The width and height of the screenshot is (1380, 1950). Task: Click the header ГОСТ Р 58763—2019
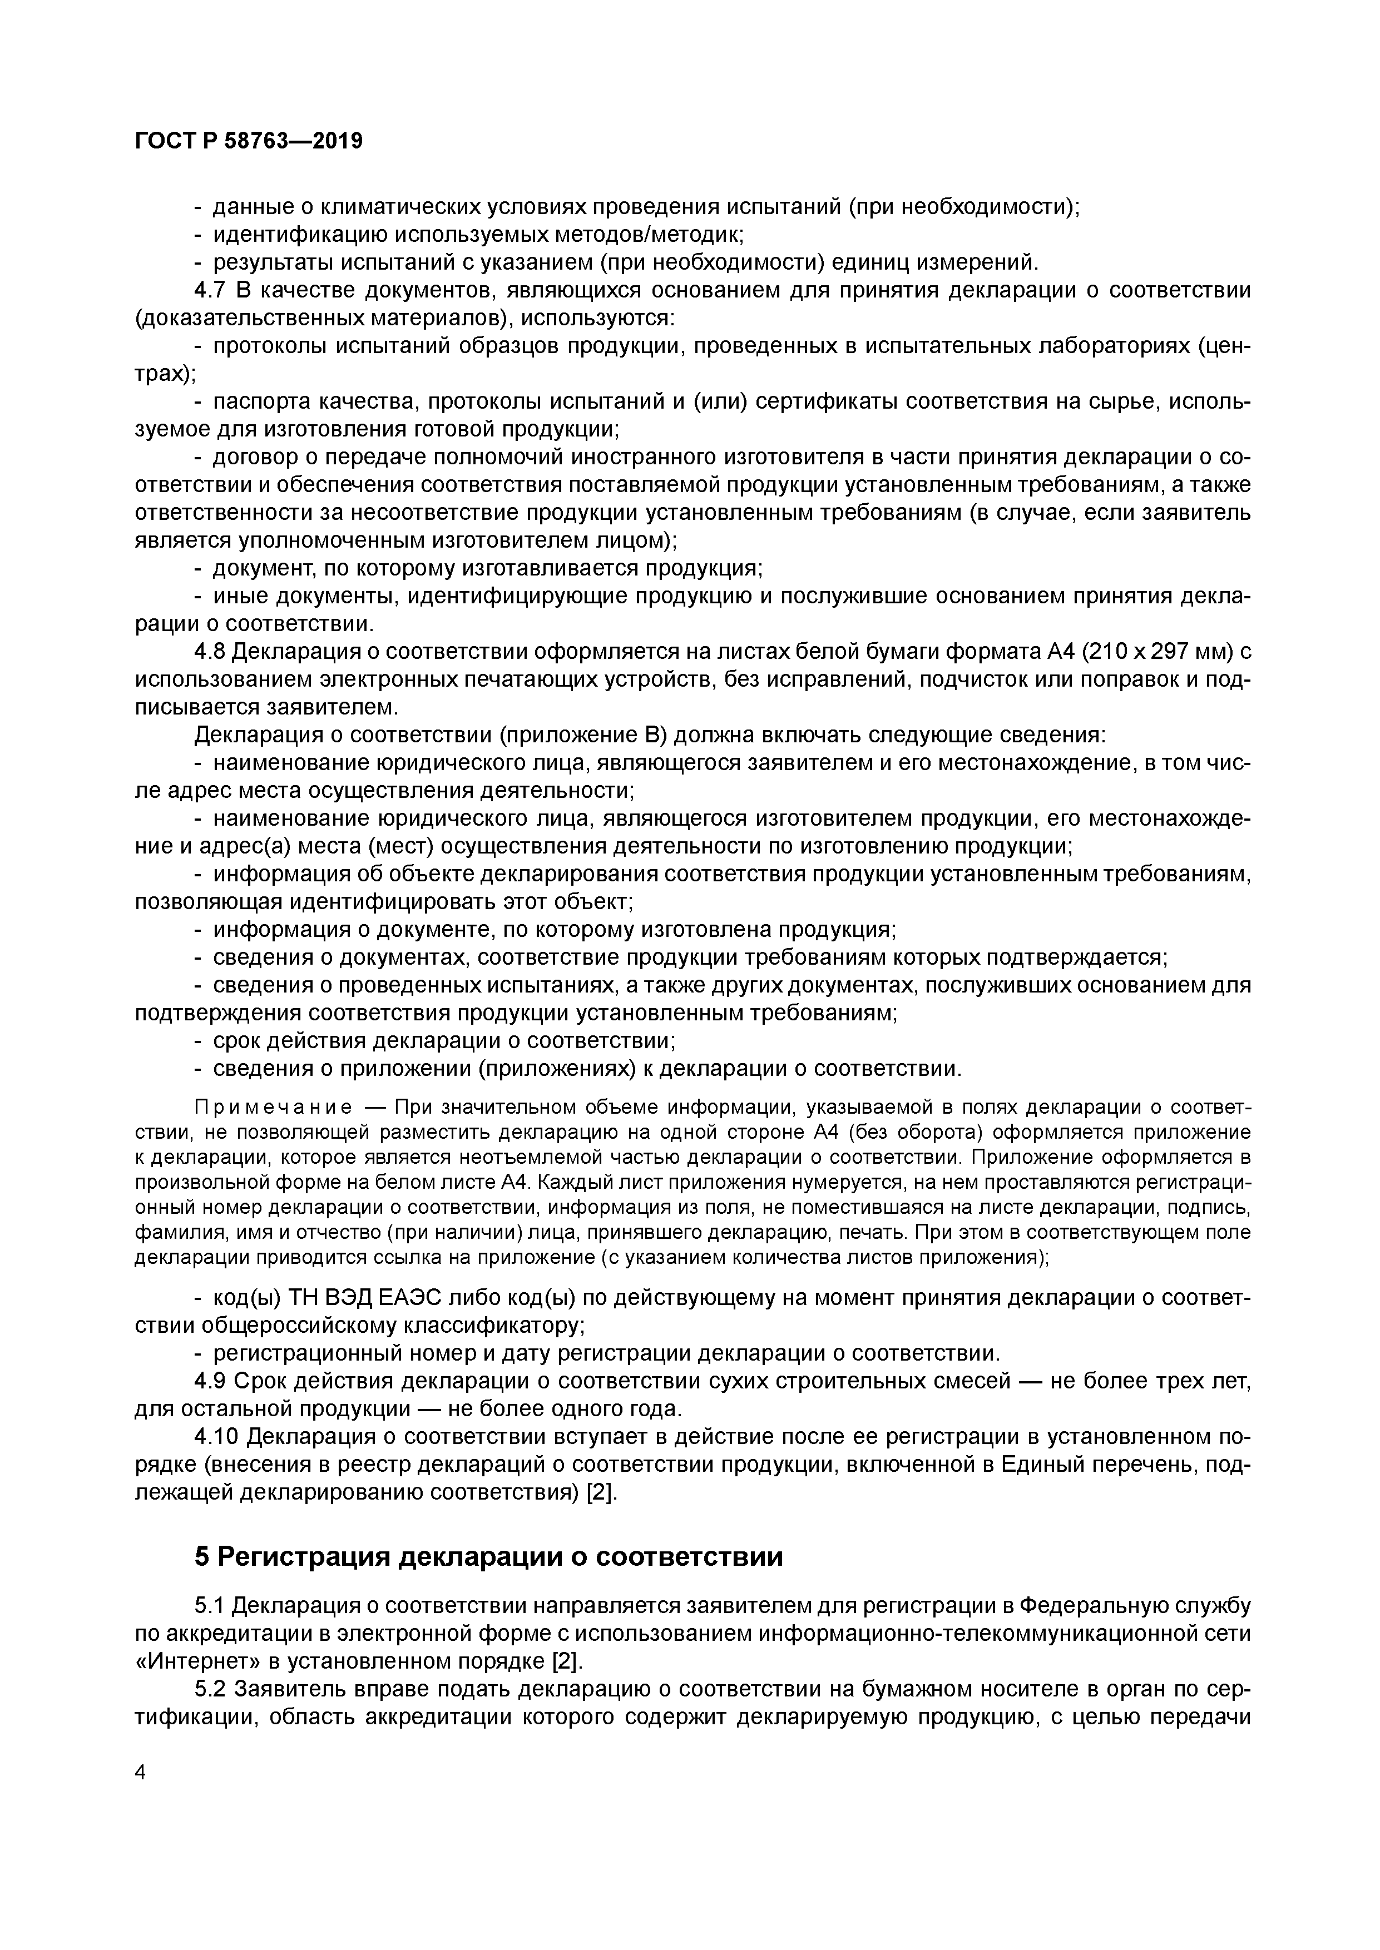248,141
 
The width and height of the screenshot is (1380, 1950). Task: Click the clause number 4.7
209,291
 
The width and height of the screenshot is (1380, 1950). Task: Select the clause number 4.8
210,652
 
